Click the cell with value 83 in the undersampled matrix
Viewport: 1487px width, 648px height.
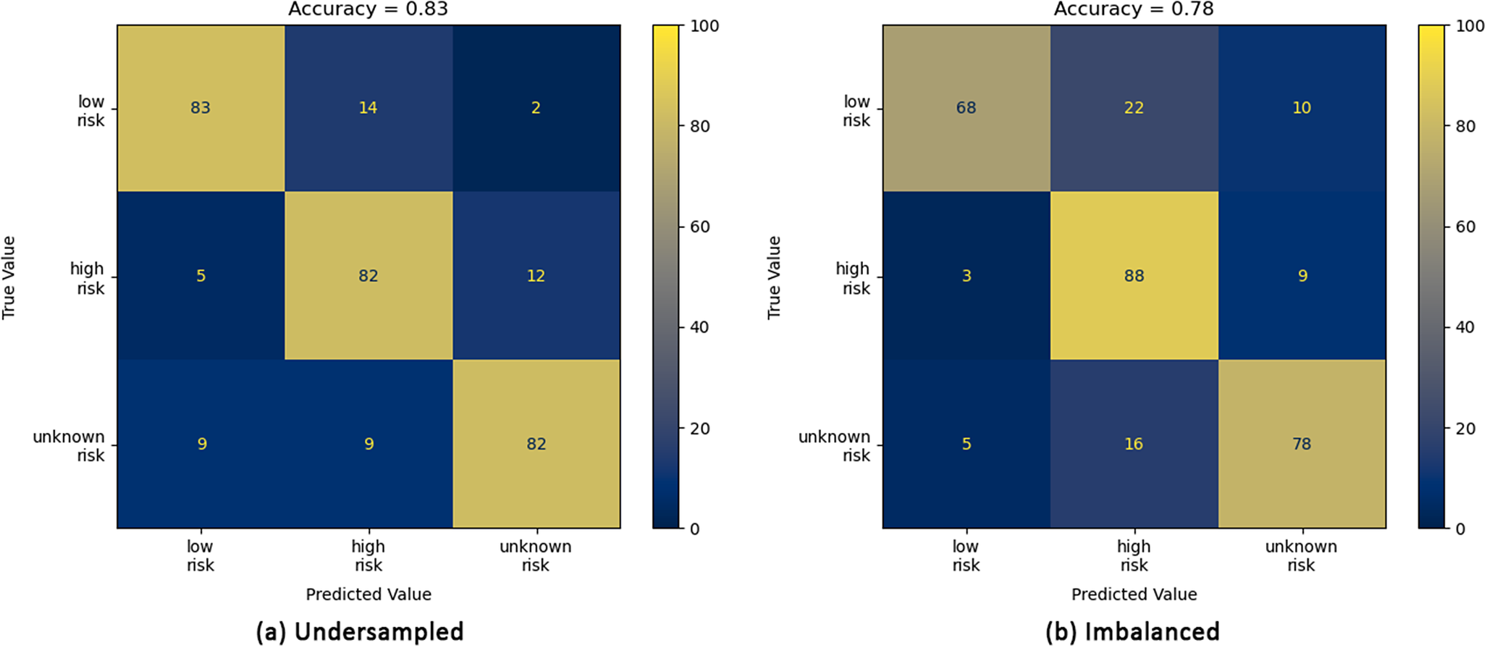pos(201,108)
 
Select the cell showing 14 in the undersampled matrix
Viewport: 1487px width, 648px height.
pos(368,108)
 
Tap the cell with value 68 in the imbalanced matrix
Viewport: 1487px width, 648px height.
pos(966,108)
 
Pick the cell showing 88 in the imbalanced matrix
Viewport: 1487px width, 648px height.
pos(1134,276)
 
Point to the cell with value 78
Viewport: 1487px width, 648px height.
pos(1302,444)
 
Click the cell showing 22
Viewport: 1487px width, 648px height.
pos(1134,108)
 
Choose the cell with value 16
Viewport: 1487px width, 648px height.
pos(1134,444)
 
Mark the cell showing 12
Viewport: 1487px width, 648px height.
pos(536,276)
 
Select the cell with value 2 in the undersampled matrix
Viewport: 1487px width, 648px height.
pos(536,108)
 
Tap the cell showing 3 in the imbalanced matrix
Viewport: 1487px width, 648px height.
pos(966,276)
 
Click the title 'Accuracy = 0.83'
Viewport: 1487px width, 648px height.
pos(368,9)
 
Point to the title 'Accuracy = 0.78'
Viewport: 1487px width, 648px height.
pos(1134,9)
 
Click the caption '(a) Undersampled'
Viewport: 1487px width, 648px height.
pos(360,631)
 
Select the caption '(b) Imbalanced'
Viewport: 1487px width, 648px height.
pos(1132,631)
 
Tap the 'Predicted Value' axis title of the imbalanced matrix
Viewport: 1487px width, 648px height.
pos(1134,594)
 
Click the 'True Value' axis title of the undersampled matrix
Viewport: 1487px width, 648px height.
pos(9,277)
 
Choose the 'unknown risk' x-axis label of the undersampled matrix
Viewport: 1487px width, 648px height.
pos(536,556)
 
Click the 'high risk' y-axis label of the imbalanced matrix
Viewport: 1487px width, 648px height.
pos(853,278)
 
